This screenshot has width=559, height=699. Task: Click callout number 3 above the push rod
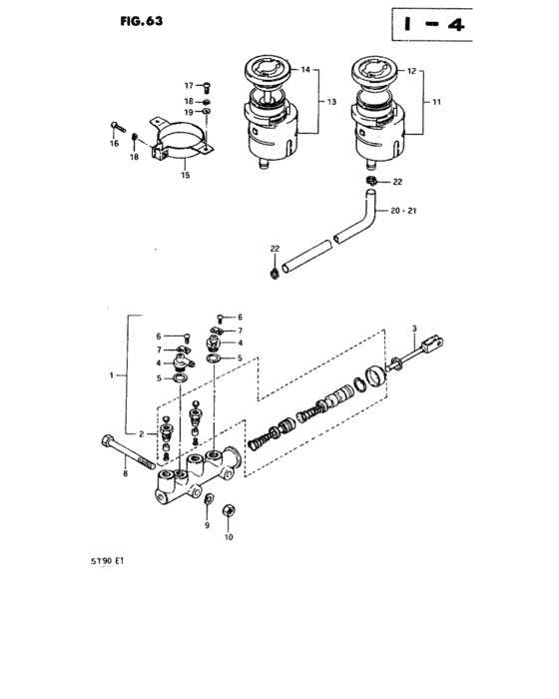point(414,329)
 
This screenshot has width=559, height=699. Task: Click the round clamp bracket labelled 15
point(181,140)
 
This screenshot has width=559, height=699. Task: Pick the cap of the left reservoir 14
point(264,73)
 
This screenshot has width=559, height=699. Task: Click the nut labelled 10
point(229,512)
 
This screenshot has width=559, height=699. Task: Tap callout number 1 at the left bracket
point(113,376)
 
